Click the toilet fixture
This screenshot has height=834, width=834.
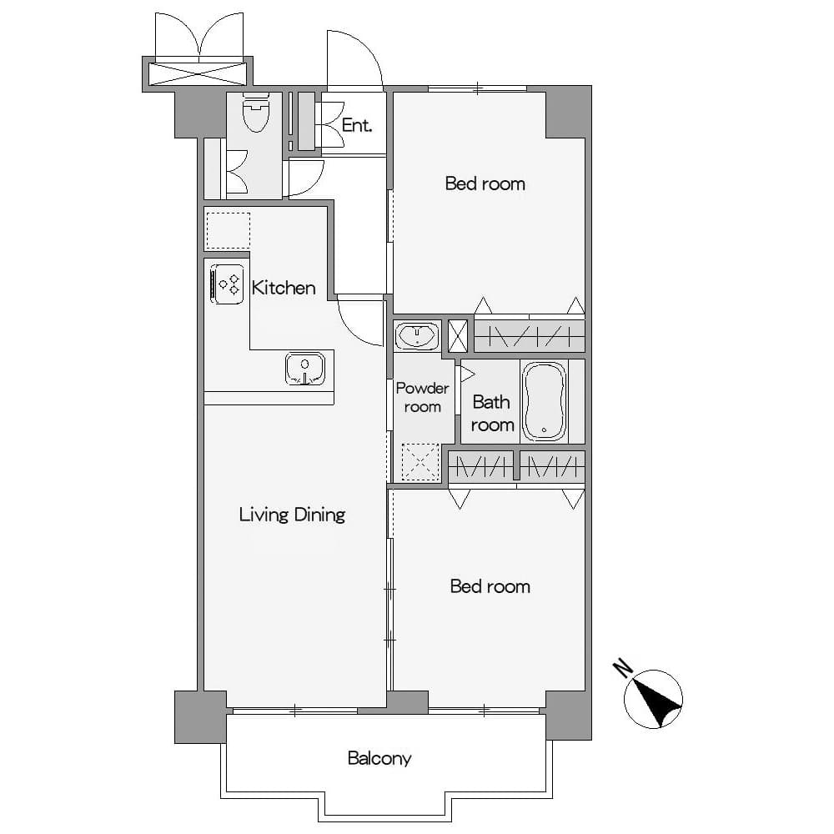[255, 112]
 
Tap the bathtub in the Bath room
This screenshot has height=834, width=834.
[544, 401]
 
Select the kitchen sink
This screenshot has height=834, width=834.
[304, 368]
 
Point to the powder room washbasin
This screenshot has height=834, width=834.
[417, 335]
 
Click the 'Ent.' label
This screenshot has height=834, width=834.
[356, 125]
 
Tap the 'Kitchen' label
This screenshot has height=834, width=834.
[284, 288]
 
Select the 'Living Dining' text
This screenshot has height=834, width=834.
[292, 515]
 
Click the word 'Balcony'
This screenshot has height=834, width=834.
[379, 758]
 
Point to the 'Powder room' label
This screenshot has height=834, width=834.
[422, 397]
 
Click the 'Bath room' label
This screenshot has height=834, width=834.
[493, 414]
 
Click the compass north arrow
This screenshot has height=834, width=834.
[659, 701]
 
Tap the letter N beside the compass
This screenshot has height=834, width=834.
[622, 668]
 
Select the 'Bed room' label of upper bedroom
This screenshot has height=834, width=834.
[485, 183]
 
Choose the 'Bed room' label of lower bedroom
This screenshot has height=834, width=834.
[490, 586]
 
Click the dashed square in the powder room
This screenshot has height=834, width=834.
[420, 462]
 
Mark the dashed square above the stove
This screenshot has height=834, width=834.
[229, 231]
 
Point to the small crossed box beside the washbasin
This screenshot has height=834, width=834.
[457, 335]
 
